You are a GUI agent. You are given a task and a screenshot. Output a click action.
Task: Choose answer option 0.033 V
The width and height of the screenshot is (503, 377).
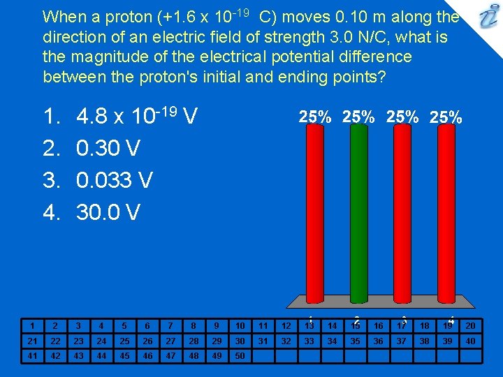coord(115,180)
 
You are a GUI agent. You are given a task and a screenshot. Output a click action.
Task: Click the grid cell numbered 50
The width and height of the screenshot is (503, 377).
coord(240,357)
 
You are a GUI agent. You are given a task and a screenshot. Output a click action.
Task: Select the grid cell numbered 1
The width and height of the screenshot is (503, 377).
coord(32,325)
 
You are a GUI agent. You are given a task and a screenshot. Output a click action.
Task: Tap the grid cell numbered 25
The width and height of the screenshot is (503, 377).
coord(124,341)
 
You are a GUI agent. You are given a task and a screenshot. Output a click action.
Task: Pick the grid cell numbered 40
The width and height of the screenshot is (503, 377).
coord(470,341)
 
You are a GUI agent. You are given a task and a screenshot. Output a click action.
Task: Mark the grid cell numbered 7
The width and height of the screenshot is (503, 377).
coord(170,325)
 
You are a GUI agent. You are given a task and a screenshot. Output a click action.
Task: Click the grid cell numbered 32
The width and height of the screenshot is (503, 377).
coord(286,341)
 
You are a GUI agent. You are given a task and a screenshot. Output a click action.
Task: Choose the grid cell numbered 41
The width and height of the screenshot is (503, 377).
coord(32,357)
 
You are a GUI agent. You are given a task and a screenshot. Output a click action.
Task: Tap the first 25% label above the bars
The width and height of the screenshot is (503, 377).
coord(315,117)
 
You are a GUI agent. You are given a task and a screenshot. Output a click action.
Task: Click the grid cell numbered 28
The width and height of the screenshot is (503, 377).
coord(194,341)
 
